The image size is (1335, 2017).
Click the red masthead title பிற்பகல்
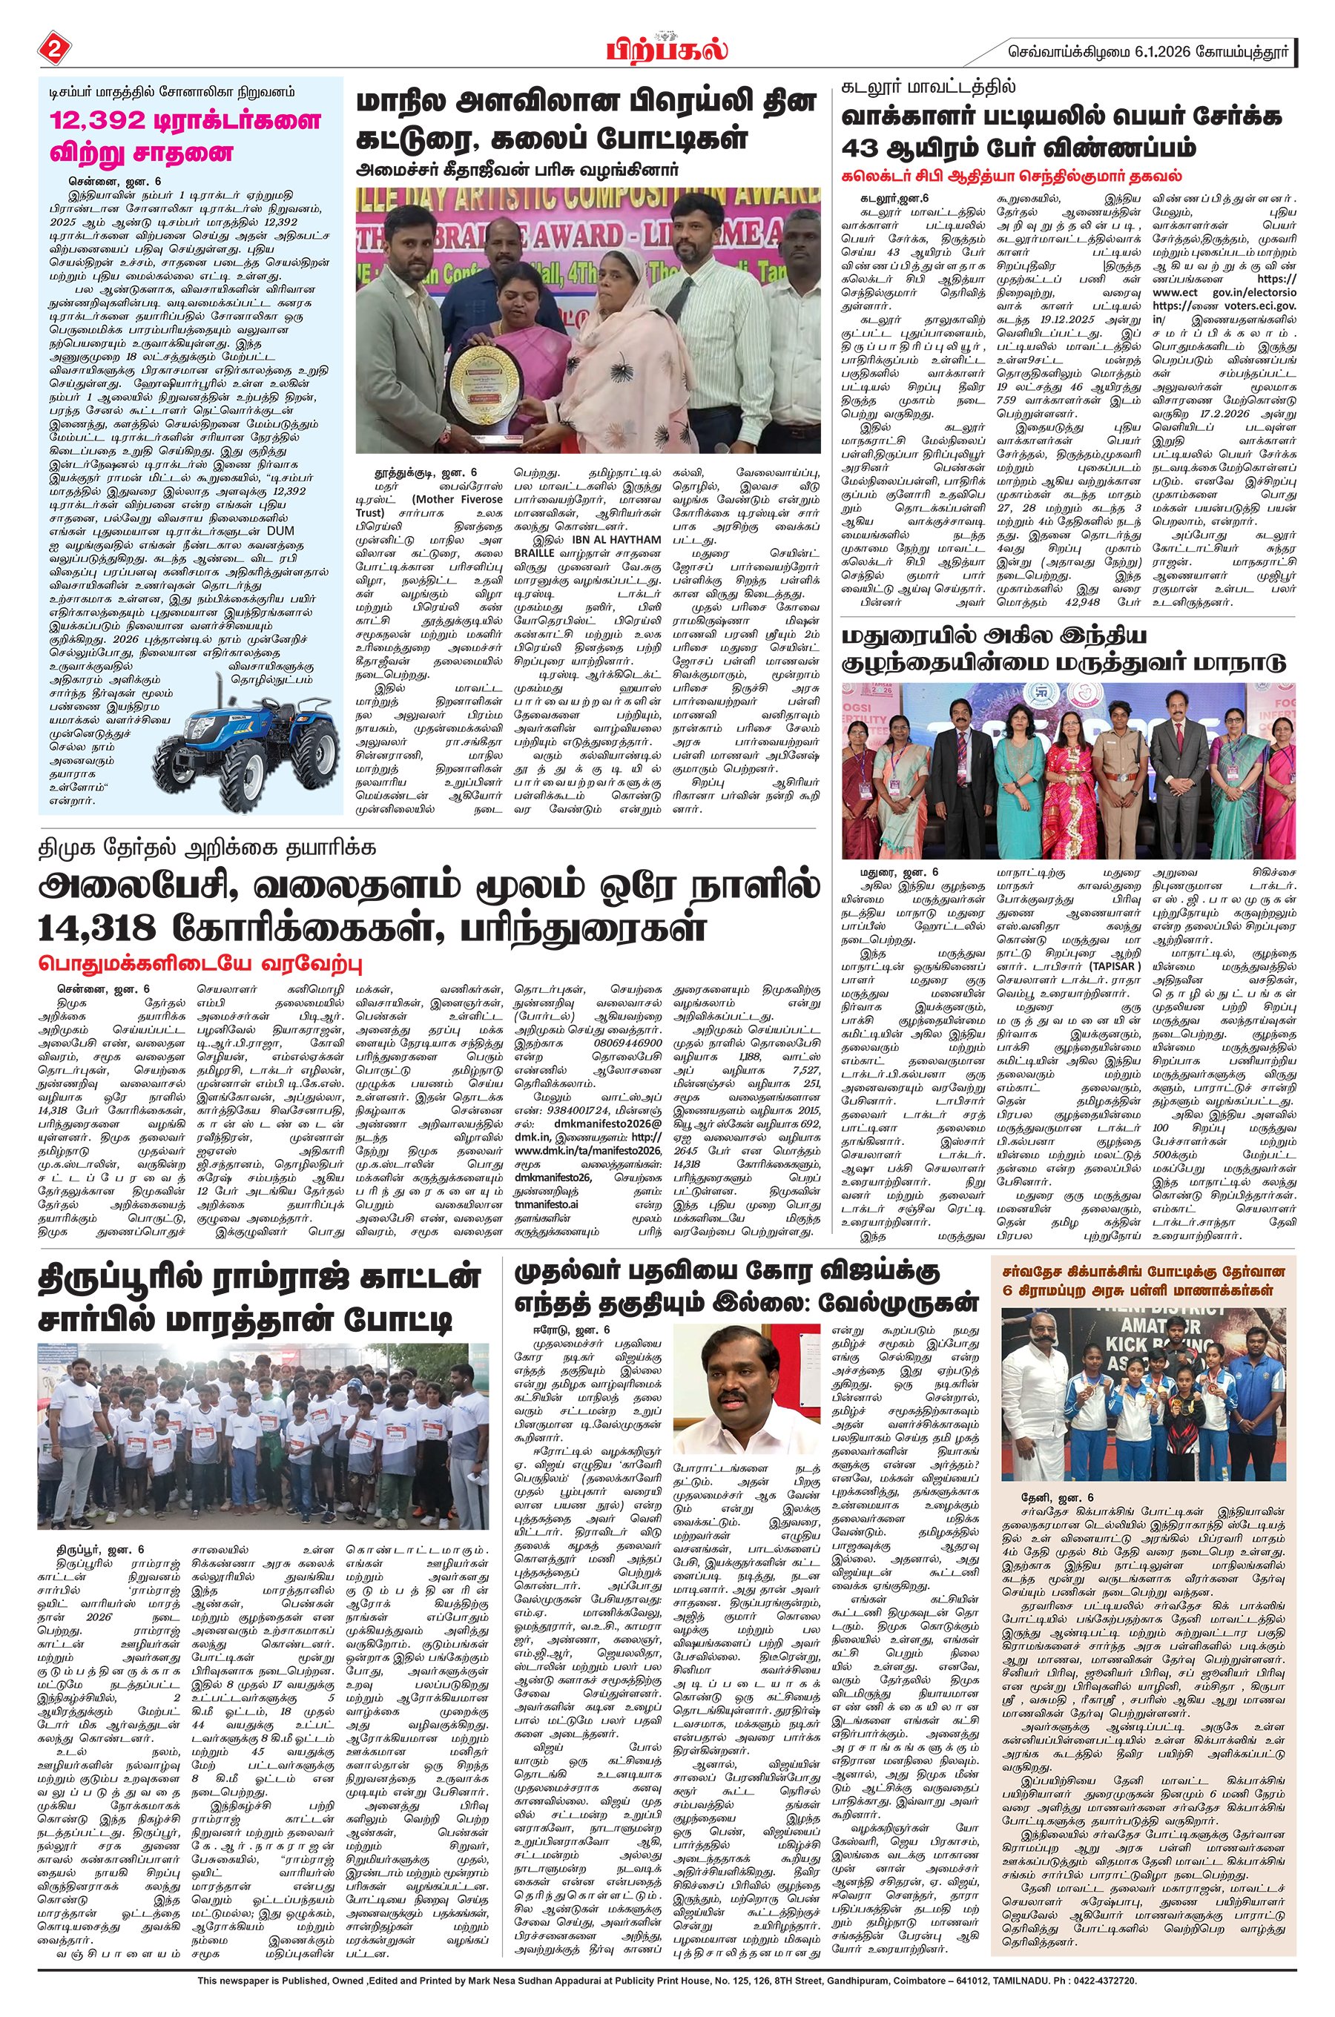click(667, 50)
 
